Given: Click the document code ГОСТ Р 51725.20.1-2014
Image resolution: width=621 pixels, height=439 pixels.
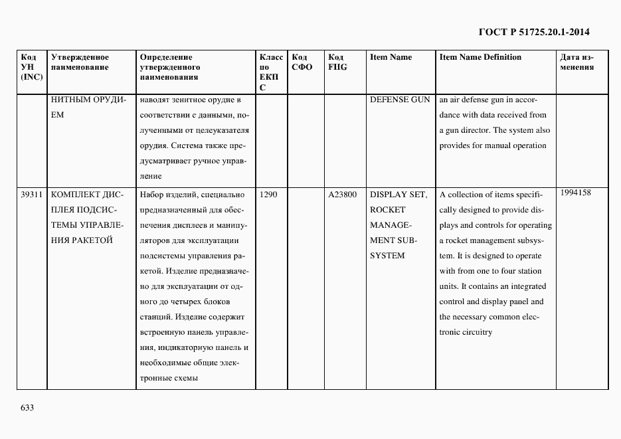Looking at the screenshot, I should [x=534, y=31].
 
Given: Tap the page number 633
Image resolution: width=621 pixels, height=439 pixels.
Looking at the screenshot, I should [x=27, y=407].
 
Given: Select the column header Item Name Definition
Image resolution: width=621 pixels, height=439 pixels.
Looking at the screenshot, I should [x=480, y=57].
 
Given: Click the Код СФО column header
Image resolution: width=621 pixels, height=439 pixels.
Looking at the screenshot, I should [x=302, y=62].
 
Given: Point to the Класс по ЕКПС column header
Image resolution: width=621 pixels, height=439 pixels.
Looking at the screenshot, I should [x=270, y=72].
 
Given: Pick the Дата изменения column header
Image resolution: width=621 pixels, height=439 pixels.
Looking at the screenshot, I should [x=577, y=62].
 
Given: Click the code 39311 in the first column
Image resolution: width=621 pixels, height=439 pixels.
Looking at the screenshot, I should [x=32, y=195].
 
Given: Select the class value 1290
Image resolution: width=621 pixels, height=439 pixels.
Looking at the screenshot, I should [x=269, y=195].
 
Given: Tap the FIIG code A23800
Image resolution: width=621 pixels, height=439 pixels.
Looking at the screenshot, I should [x=343, y=195].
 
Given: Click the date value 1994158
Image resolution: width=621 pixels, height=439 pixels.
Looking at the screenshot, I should [x=575, y=193].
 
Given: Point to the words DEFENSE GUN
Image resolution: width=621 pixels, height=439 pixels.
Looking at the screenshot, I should [x=400, y=100].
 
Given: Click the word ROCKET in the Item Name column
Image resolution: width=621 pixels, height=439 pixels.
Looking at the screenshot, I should [x=387, y=210].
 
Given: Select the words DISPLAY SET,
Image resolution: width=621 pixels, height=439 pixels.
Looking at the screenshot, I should [x=398, y=195].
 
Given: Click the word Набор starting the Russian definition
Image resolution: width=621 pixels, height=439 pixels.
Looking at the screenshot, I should [x=151, y=195].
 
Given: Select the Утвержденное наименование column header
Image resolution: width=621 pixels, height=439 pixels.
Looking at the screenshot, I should [x=80, y=62].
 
